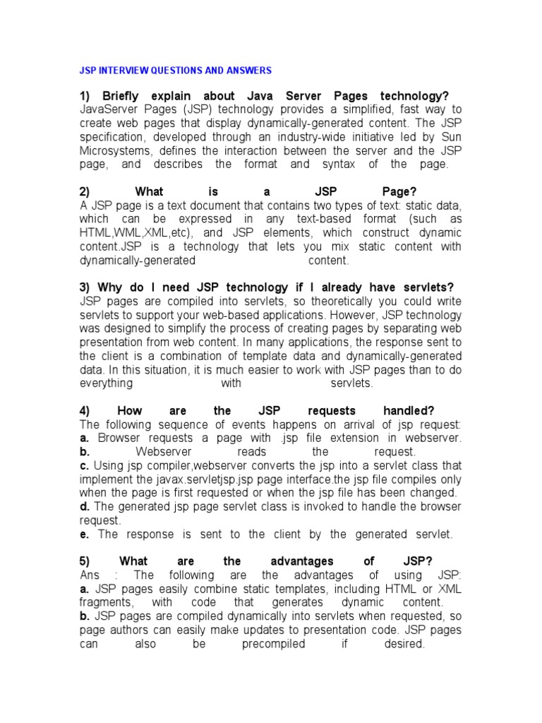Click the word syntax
click(351, 164)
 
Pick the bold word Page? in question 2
click(399, 192)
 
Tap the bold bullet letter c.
click(84, 465)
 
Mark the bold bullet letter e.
click(84, 534)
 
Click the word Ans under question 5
click(91, 575)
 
